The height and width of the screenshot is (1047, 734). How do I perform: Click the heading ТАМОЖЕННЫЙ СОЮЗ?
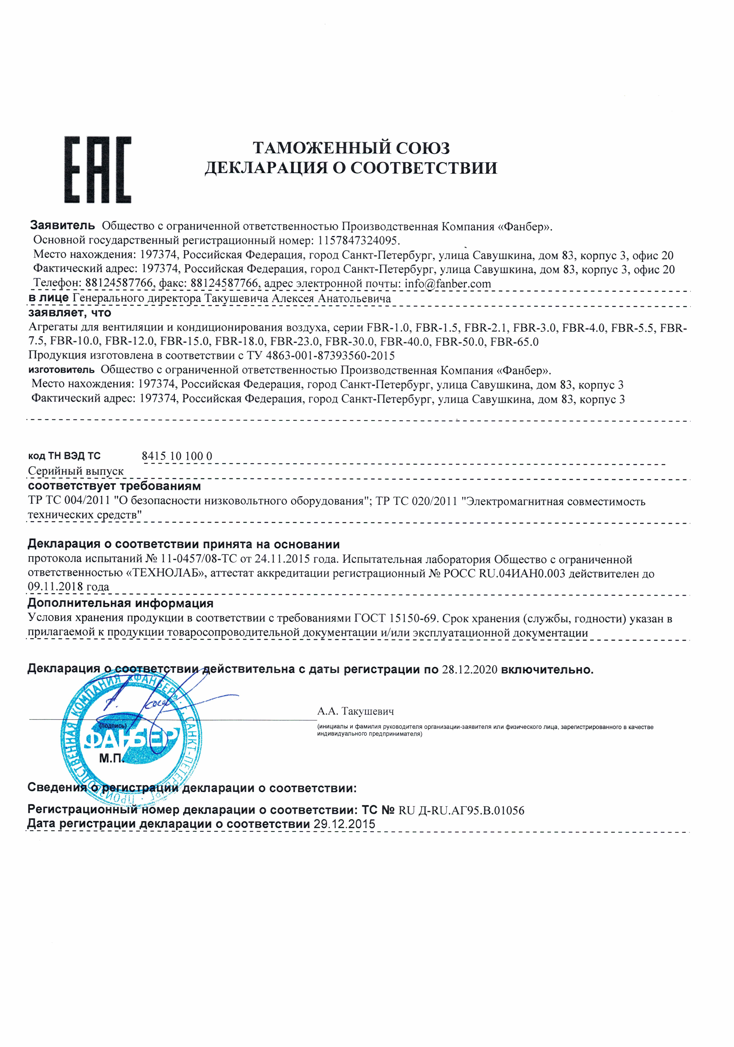[x=351, y=148]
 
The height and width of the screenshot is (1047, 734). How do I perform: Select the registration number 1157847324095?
[x=358, y=240]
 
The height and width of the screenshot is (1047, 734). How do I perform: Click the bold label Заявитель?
[x=62, y=225]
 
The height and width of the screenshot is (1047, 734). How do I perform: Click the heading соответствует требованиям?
[x=114, y=486]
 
